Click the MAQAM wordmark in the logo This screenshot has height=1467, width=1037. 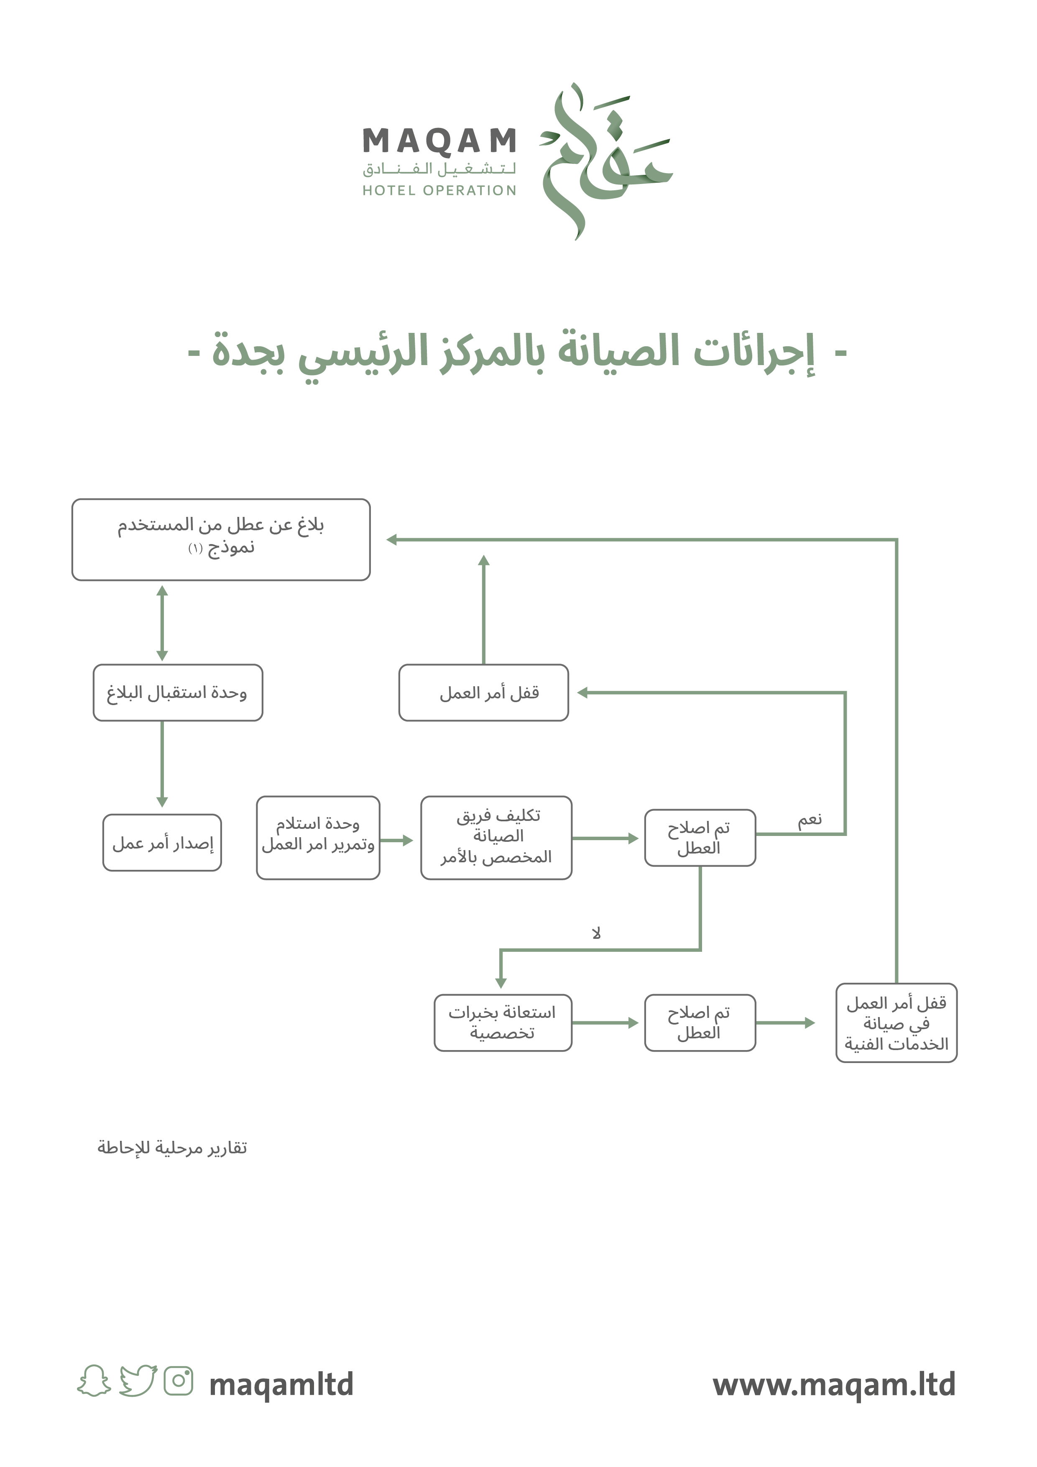pyautogui.click(x=439, y=141)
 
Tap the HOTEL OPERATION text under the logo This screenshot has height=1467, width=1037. pyautogui.click(x=439, y=190)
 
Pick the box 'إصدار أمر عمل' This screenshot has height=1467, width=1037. pyautogui.click(x=162, y=843)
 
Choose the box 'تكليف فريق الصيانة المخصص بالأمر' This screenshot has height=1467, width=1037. pyautogui.click(x=496, y=837)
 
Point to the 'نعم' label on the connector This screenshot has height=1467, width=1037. pyautogui.click(x=810, y=820)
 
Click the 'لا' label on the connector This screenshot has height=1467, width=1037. pyautogui.click(x=596, y=933)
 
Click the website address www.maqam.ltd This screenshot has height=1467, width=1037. pyautogui.click(x=834, y=1384)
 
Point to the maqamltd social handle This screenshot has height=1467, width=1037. pyautogui.click(x=281, y=1384)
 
